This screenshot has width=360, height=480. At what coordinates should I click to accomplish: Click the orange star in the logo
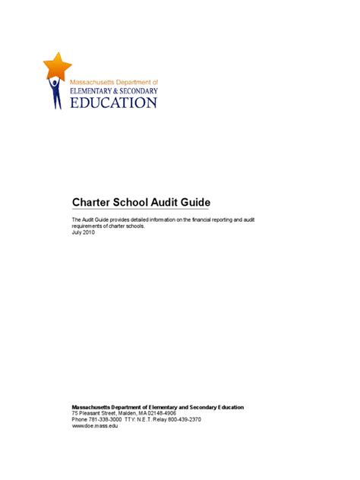(x=58, y=65)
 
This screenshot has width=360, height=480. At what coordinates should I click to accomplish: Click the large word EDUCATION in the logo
(x=114, y=102)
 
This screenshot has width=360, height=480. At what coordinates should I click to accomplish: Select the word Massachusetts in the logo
(x=90, y=81)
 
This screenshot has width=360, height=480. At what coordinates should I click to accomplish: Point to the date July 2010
(x=84, y=232)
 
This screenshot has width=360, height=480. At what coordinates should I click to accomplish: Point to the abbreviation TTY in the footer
(x=129, y=419)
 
